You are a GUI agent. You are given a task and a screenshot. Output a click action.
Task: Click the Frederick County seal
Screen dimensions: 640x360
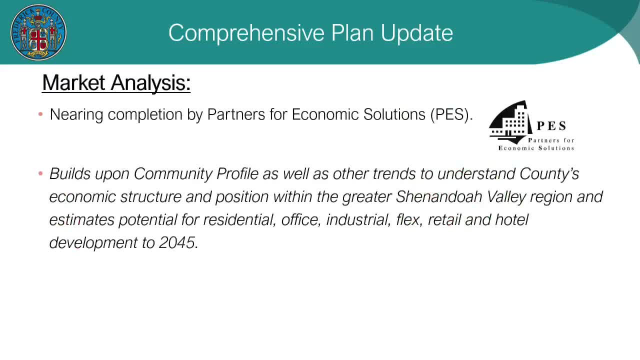click(x=38, y=32)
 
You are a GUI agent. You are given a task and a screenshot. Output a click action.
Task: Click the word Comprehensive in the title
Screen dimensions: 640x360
click(x=246, y=33)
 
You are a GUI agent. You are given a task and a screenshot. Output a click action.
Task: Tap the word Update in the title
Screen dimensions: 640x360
click(x=416, y=33)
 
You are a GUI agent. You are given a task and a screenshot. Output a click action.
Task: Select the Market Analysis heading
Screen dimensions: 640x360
click(x=116, y=83)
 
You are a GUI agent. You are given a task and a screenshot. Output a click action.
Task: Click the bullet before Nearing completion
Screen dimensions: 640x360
click(x=40, y=114)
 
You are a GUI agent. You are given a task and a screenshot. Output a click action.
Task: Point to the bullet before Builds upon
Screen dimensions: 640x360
click(x=40, y=173)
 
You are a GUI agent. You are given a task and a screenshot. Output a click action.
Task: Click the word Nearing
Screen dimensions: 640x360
click(x=76, y=115)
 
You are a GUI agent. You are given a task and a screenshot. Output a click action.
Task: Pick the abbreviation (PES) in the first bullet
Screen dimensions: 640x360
click(x=451, y=115)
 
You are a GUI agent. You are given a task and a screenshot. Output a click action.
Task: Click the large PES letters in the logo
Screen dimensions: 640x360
click(x=551, y=126)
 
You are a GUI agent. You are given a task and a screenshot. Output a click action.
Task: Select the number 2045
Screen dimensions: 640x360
click(x=176, y=243)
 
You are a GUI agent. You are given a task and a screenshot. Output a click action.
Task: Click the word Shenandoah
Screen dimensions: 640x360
click(x=439, y=196)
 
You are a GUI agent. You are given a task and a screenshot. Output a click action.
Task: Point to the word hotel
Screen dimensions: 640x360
click(x=511, y=219)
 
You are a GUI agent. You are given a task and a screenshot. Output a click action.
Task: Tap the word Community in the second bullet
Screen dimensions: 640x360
click(x=173, y=173)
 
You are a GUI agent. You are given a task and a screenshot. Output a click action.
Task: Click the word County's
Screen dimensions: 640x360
click(x=549, y=173)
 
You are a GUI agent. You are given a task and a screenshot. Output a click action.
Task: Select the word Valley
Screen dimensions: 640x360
click(x=506, y=197)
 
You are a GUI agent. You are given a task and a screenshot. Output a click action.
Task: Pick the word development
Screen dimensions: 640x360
click(x=93, y=243)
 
